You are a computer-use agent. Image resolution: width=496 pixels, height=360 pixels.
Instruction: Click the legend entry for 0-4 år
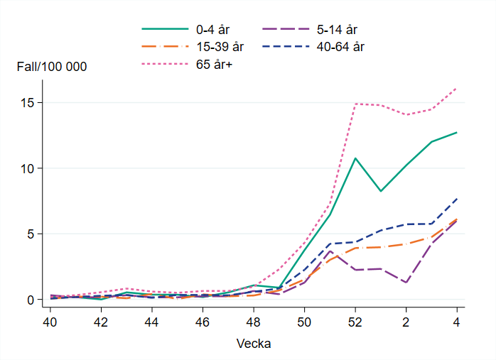(x=214, y=30)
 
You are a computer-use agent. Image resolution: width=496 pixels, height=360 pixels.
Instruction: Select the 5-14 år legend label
(x=337, y=30)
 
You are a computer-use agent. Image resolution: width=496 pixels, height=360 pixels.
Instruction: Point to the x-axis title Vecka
(x=253, y=343)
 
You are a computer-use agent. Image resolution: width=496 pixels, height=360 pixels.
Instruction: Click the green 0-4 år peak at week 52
(x=355, y=158)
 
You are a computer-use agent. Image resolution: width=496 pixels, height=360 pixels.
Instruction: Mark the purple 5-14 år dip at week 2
(x=406, y=283)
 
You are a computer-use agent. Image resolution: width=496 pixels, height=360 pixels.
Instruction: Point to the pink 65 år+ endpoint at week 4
(x=456, y=88)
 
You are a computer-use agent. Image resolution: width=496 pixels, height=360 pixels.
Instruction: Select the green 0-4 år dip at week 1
(x=380, y=191)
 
